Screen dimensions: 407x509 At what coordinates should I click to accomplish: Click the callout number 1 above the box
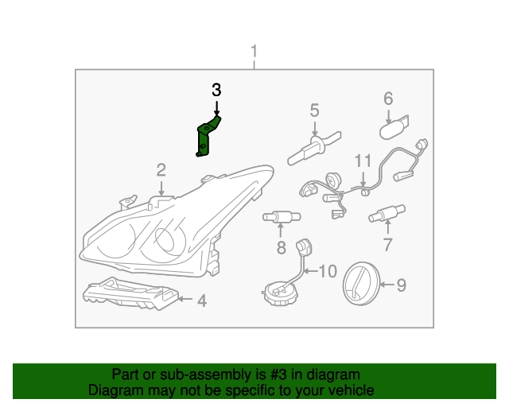[254, 54]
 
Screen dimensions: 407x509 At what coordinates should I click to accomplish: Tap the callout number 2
[161, 169]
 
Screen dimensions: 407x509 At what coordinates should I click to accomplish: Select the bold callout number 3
[216, 90]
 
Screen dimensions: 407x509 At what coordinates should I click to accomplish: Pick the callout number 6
[388, 99]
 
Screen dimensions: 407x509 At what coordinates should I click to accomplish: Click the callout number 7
[387, 245]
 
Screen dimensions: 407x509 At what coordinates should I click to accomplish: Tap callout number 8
[281, 248]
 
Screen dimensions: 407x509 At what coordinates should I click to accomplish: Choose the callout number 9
[401, 284]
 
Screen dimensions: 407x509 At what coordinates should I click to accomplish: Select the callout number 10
[327, 272]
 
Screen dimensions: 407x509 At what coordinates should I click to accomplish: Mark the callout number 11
[363, 161]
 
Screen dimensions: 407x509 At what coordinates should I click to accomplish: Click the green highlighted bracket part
[206, 137]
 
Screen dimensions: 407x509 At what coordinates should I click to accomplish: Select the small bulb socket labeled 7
[385, 213]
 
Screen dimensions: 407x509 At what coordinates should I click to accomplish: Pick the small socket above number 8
[280, 216]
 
